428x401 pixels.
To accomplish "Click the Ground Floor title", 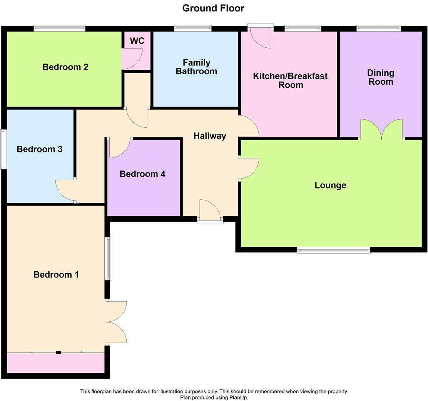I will coord(213,8).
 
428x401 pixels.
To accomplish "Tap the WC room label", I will coord(137,41).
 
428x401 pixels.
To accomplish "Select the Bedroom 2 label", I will coord(65,67).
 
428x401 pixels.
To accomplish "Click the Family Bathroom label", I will coord(196,67).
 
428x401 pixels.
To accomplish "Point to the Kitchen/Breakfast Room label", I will coord(290,80).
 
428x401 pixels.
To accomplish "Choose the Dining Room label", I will coord(380,77).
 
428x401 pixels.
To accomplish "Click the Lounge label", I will coord(330,185).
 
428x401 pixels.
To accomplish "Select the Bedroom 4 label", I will coord(142,174).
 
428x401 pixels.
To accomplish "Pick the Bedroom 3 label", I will coord(40,149).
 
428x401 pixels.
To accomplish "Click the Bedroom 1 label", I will coord(56,274).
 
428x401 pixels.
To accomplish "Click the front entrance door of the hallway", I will coord(210,212).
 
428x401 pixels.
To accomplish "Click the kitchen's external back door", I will coord(261,37).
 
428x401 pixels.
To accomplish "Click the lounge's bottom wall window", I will coord(333,251).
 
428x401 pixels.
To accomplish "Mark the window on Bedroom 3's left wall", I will coord(3,149).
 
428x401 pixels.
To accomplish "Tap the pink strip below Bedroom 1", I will coord(55,363).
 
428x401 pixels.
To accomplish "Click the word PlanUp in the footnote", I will coord(239,397).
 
